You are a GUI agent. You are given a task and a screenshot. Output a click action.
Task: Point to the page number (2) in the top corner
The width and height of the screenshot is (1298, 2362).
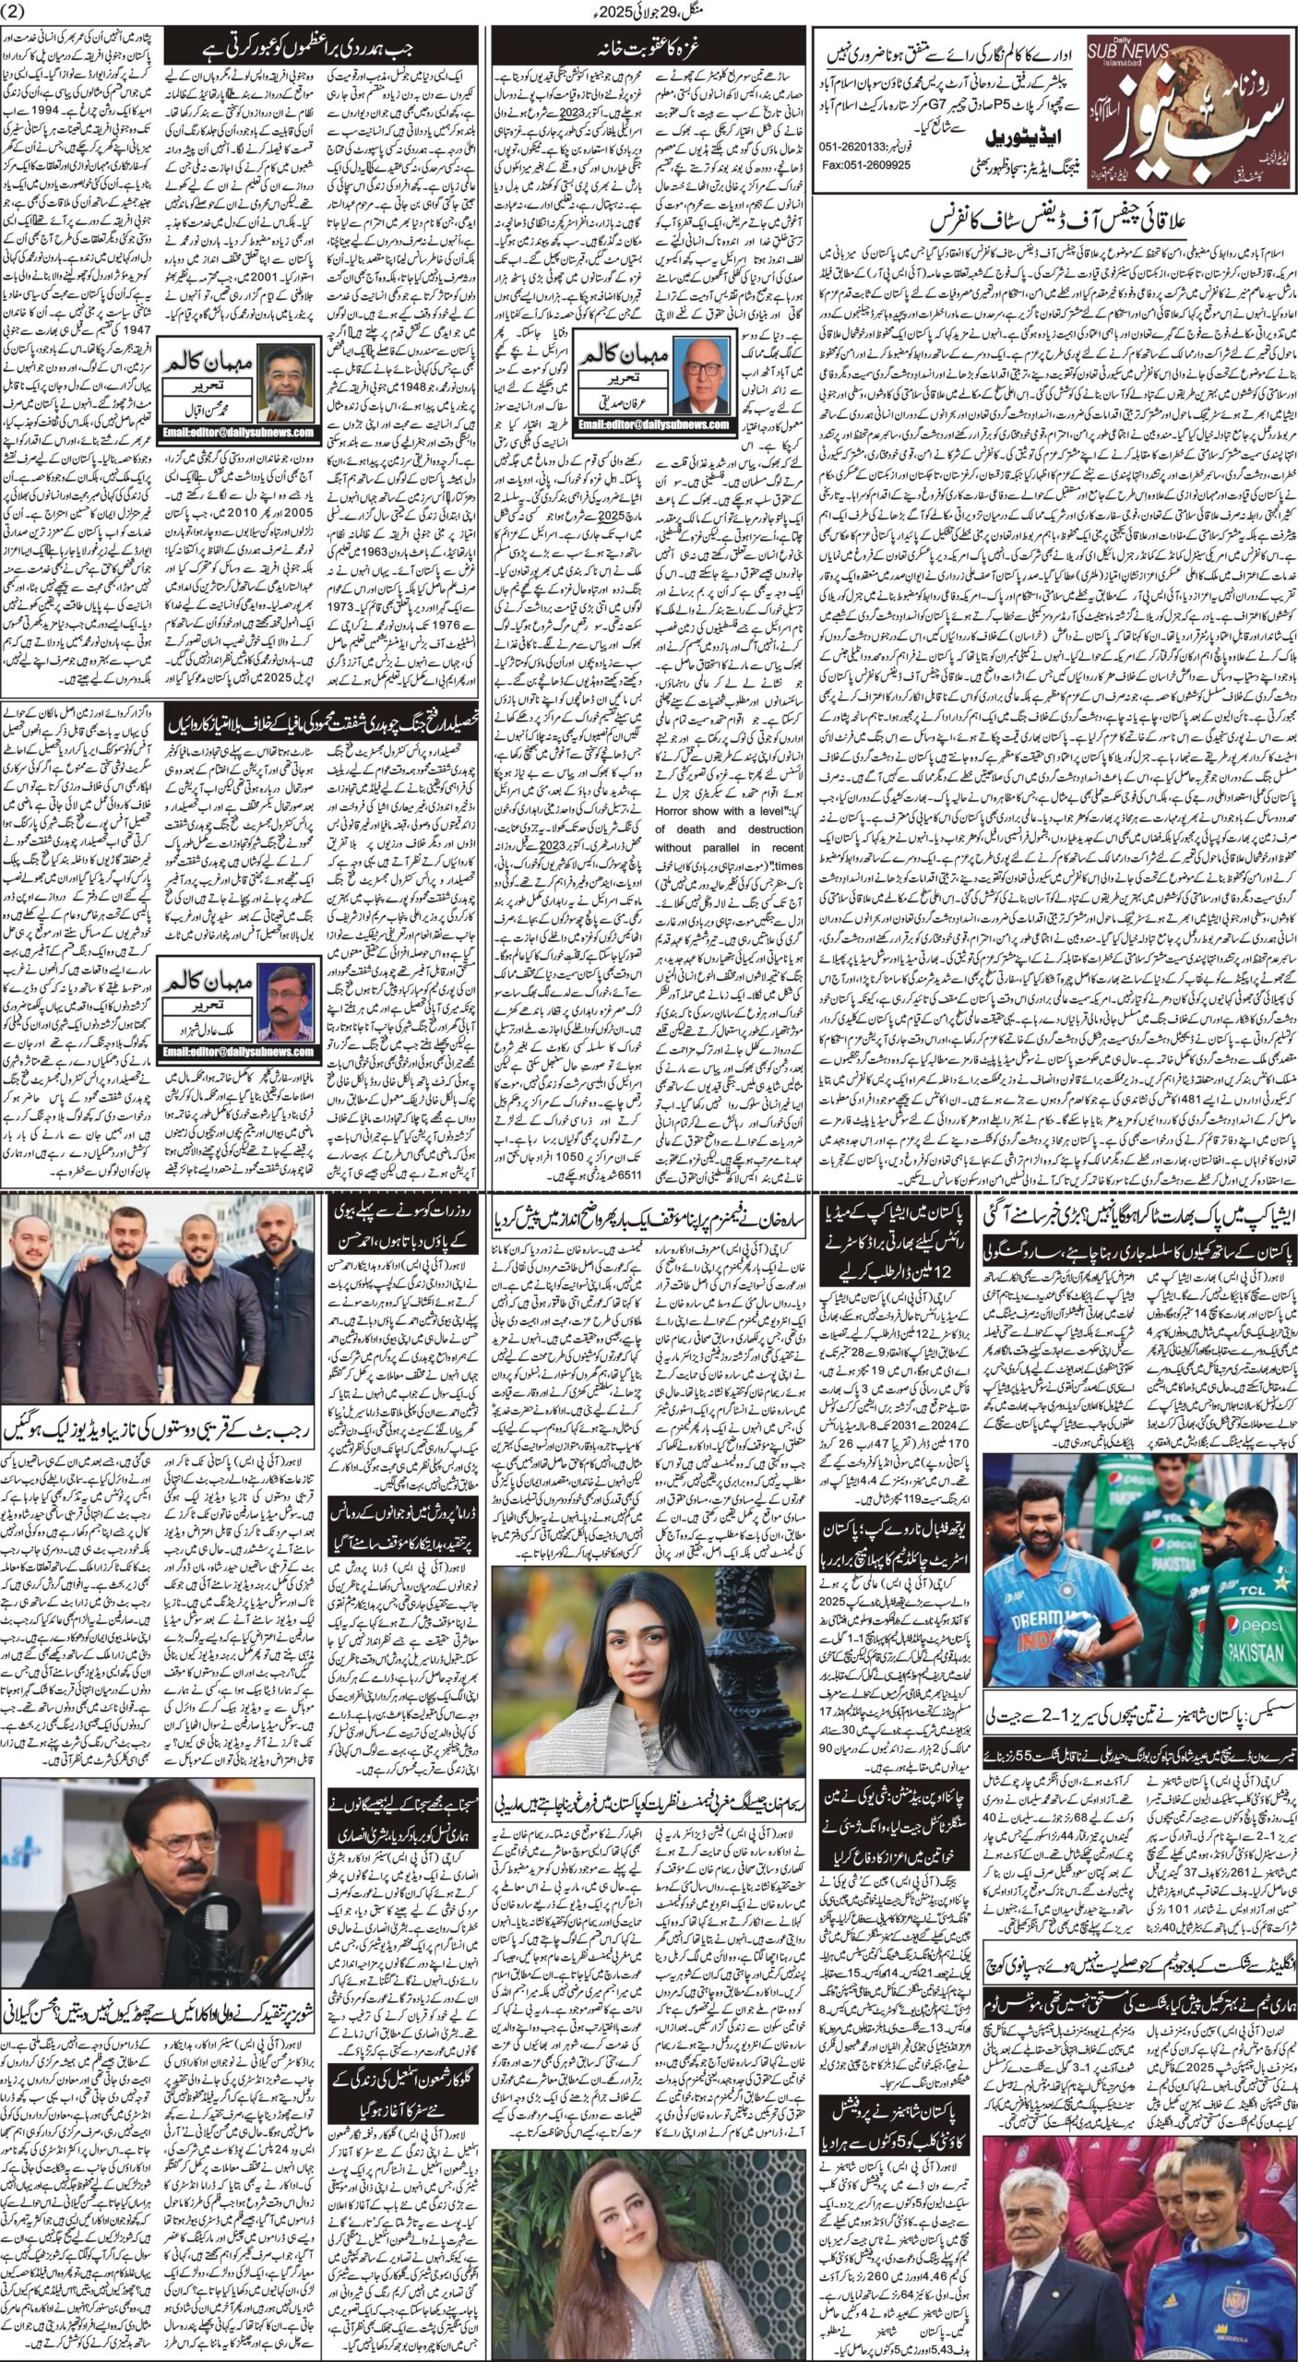coord(17,11)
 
